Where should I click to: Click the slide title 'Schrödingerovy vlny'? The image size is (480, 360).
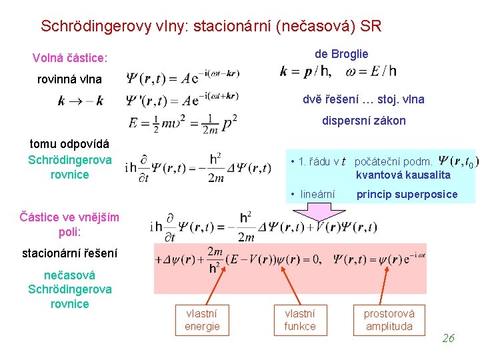click(211, 27)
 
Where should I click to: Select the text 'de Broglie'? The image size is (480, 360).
click(341, 54)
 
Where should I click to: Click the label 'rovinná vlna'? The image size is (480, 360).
click(69, 79)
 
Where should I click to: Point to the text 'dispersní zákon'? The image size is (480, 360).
click(364, 121)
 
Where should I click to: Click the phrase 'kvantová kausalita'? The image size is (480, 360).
click(403, 175)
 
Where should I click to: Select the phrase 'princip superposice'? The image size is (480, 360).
click(407, 195)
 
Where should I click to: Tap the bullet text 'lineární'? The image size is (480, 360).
click(317, 195)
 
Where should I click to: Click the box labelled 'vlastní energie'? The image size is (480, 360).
click(202, 319)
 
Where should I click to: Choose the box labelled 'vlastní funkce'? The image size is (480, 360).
click(300, 319)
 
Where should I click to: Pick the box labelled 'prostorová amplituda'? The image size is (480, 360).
click(389, 319)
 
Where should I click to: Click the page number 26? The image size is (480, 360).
click(448, 338)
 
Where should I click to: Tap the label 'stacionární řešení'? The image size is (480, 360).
click(69, 253)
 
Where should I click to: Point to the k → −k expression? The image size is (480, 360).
click(81, 101)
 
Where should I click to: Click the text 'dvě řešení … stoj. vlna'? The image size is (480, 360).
click(363, 99)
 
